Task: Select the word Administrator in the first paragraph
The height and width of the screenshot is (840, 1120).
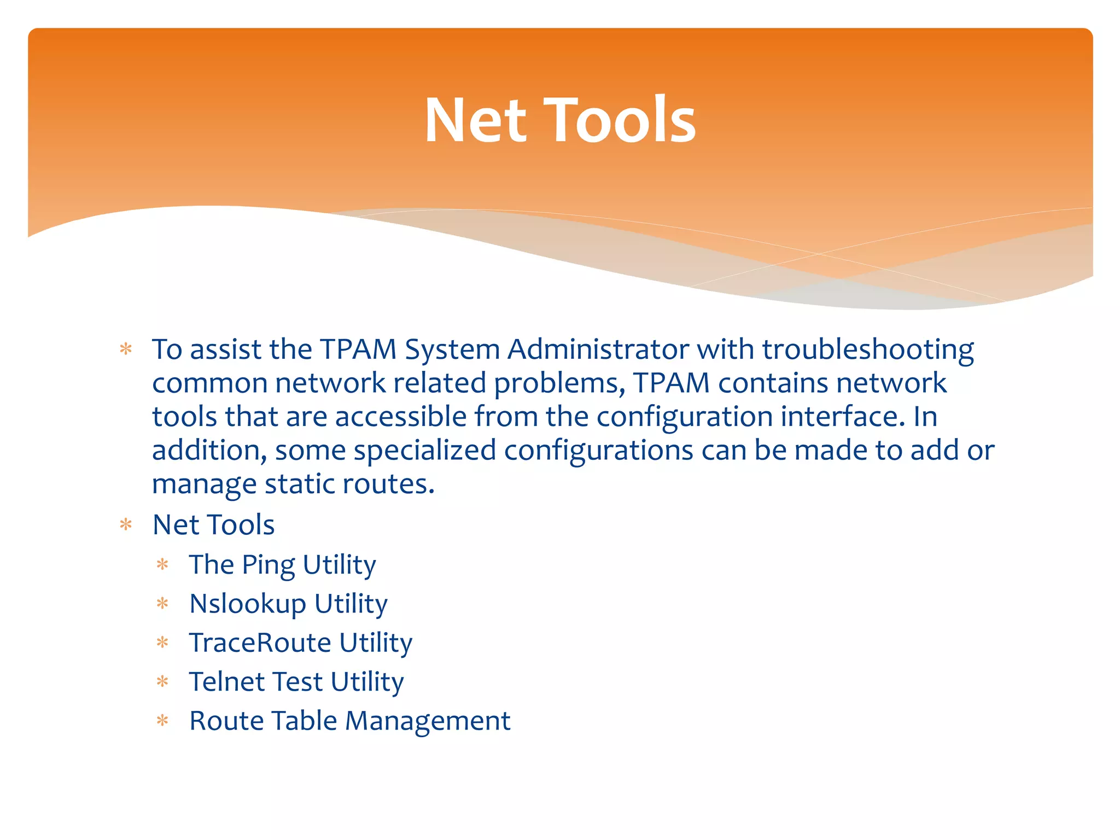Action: (598, 349)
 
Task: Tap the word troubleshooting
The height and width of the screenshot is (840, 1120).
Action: (868, 351)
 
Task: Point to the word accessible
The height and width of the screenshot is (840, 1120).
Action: (400, 417)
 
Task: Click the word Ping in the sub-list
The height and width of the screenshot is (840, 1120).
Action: (268, 565)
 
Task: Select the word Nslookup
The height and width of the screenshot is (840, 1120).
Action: (248, 604)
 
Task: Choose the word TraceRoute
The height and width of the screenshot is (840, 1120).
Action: (260, 643)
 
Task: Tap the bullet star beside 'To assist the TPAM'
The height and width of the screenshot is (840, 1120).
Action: (126, 349)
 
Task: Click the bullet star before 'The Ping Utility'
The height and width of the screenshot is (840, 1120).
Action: (162, 564)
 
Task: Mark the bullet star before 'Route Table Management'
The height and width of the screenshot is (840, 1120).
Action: (162, 721)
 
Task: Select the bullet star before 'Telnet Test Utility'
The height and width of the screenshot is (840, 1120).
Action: (162, 681)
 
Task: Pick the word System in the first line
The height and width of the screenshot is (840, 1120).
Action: (452, 351)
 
